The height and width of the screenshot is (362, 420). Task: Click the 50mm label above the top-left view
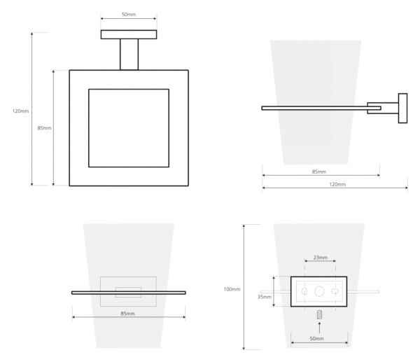click(x=129, y=14)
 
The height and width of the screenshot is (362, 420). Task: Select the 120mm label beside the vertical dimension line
click(x=20, y=111)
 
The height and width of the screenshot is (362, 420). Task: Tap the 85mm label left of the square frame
click(x=44, y=128)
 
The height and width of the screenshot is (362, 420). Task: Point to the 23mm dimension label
click(x=321, y=258)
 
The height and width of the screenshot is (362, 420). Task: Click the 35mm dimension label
click(x=265, y=297)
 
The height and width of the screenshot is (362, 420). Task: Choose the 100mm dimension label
click(x=232, y=289)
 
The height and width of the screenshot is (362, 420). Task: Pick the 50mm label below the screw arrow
click(x=316, y=339)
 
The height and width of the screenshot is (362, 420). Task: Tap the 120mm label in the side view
click(x=337, y=184)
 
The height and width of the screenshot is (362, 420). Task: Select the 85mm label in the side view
click(x=319, y=172)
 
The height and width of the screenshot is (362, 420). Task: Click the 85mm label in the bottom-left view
click(x=128, y=314)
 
